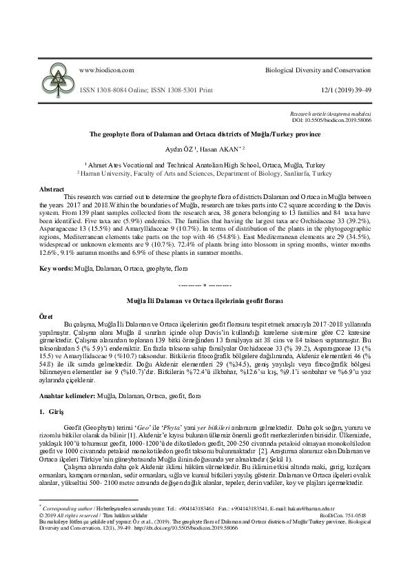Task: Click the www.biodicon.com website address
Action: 107,70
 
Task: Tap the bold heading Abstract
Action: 52,188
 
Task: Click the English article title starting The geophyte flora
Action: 205,135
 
